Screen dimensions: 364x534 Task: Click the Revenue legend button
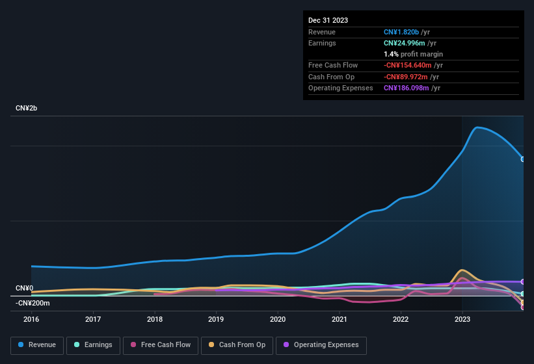point(38,344)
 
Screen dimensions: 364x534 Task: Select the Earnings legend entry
point(93,344)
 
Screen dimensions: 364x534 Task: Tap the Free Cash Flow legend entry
point(160,344)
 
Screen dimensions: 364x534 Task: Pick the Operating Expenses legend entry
point(321,344)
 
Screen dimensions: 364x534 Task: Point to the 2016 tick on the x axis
point(31,319)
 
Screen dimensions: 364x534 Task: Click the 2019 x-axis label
point(216,319)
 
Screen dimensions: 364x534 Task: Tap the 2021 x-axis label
point(339,319)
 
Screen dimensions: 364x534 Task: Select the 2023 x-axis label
point(462,319)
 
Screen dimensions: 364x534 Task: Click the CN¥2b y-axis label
point(27,108)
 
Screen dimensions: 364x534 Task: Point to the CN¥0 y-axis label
point(24,288)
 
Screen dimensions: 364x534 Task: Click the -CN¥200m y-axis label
point(33,303)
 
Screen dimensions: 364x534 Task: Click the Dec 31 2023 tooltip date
point(328,20)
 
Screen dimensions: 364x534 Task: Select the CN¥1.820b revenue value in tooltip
point(401,32)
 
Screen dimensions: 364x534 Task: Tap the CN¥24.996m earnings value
point(405,43)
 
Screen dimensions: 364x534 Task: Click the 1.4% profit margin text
point(413,54)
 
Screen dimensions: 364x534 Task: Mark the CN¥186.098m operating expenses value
point(407,88)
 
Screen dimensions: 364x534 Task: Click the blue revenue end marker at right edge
point(523,159)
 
